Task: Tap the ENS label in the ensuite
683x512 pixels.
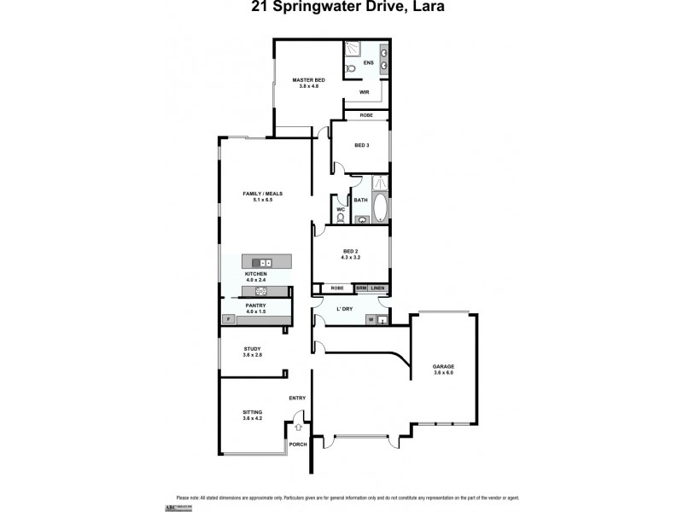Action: (x=368, y=63)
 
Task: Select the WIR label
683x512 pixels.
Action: (x=364, y=91)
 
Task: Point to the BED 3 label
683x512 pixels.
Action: (x=362, y=145)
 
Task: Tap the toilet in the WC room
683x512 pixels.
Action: (x=341, y=218)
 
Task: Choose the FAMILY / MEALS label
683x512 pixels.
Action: (x=263, y=194)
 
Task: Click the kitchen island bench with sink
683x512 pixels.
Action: (x=266, y=262)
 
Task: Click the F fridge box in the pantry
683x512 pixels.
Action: (x=228, y=319)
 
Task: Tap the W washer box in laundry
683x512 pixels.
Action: (x=371, y=320)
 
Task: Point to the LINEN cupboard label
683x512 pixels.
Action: (x=378, y=288)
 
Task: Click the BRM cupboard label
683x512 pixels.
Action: (x=361, y=288)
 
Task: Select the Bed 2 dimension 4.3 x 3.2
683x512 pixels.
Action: (x=350, y=257)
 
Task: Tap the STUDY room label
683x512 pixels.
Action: (x=252, y=348)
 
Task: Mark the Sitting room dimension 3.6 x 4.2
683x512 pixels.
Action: (x=252, y=418)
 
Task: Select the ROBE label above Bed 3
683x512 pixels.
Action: (x=365, y=114)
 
